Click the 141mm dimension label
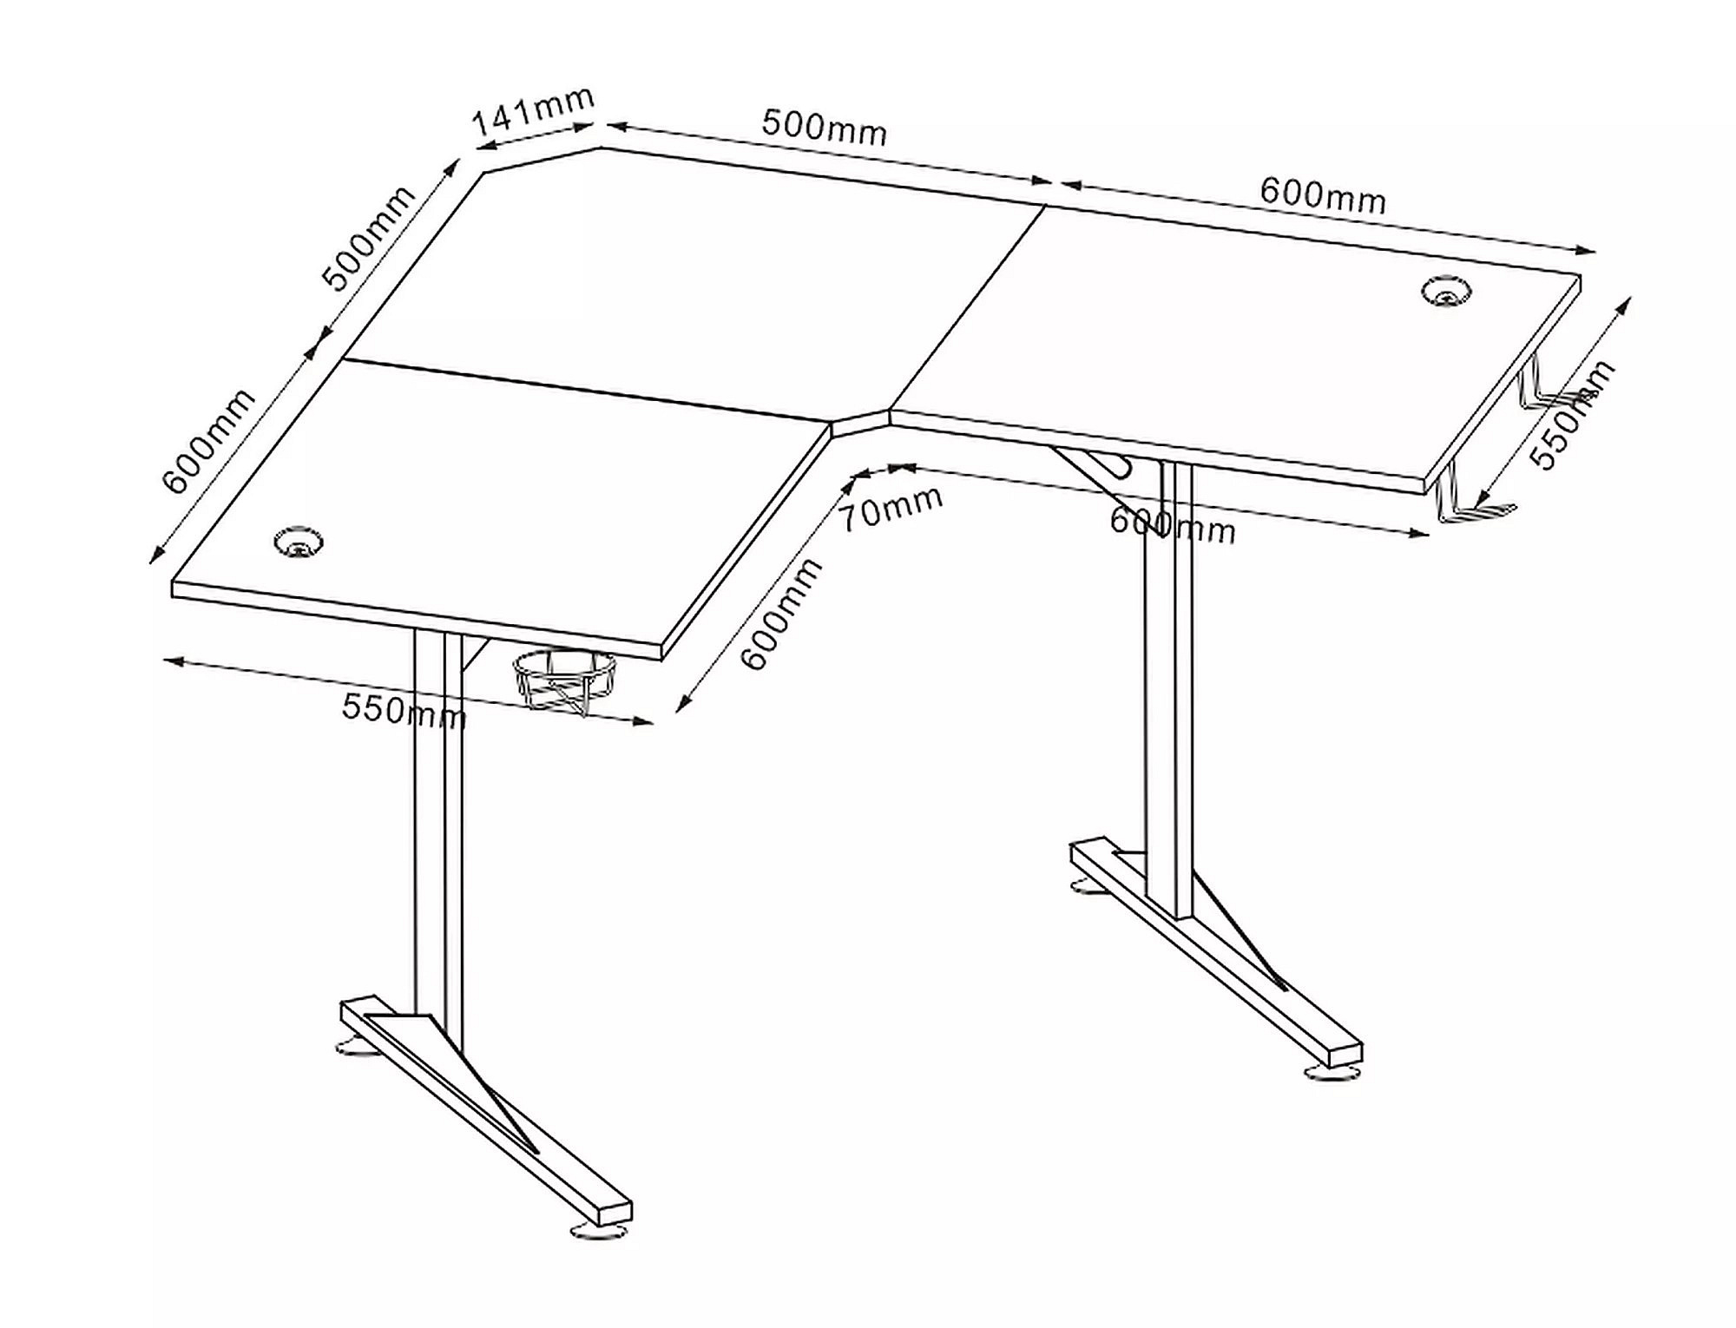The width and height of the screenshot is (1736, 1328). point(533,112)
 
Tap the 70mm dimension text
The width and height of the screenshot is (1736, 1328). point(891,510)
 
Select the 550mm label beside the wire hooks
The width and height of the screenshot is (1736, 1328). point(1572,414)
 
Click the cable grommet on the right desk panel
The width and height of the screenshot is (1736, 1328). point(1444,291)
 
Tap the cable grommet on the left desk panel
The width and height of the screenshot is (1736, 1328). point(299,542)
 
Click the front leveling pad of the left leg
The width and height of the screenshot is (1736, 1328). point(597,1231)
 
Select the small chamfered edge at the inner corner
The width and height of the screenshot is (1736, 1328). point(860,424)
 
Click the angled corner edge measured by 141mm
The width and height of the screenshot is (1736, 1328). point(542,160)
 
